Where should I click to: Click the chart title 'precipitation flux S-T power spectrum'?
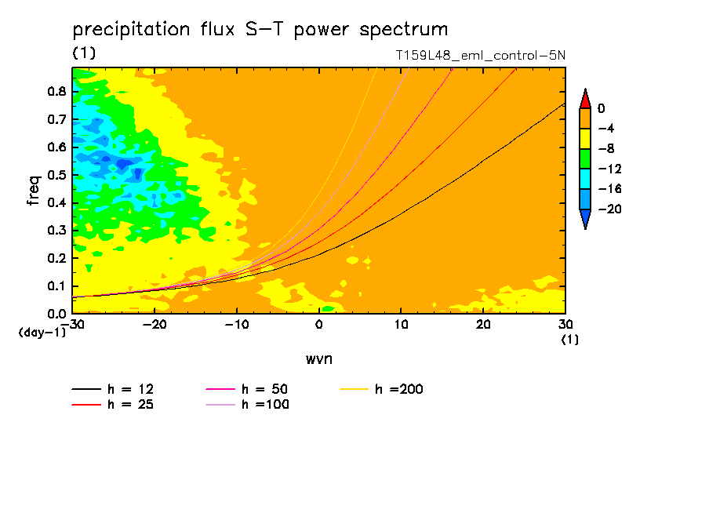click(260, 30)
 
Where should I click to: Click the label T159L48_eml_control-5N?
click(481, 56)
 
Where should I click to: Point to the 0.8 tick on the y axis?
click(56, 92)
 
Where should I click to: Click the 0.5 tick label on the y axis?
click(56, 175)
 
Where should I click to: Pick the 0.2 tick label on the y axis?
click(56, 258)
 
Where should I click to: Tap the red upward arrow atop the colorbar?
click(585, 99)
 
